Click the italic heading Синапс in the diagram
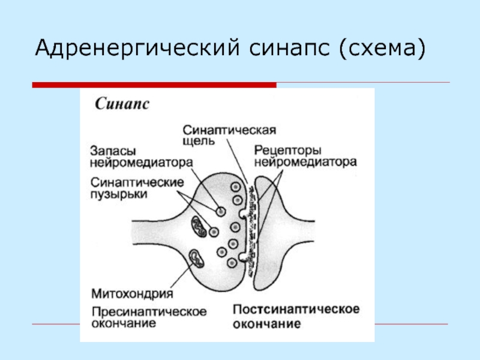tap(122, 104)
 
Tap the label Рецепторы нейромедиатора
tap(305, 155)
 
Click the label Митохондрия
tap(133, 294)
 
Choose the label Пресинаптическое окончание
tap(149, 317)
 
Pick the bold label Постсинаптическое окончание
tap(295, 316)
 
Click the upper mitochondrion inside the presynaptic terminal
tap(199, 226)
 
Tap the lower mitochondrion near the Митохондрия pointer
tap(196, 259)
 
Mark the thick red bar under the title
tap(154, 85)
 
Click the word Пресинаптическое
tap(149, 311)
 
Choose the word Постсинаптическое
tap(295, 309)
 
